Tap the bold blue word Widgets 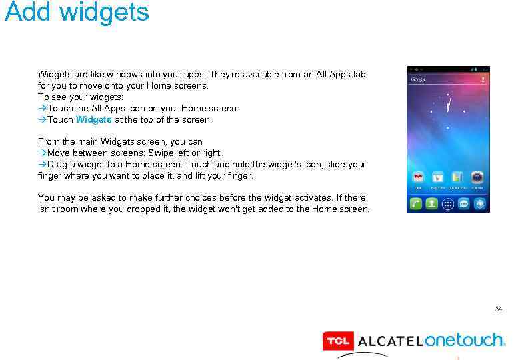coord(94,120)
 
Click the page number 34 coord(498,309)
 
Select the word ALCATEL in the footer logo coord(390,342)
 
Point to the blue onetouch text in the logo coord(465,340)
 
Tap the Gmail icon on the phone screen coord(417,178)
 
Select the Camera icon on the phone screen coord(477,178)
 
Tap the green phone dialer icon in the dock coord(416,204)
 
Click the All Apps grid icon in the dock coord(448,204)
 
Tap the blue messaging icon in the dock coord(463,204)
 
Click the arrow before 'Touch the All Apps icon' coord(42,108)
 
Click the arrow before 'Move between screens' coord(42,153)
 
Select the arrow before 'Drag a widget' coord(42,164)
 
